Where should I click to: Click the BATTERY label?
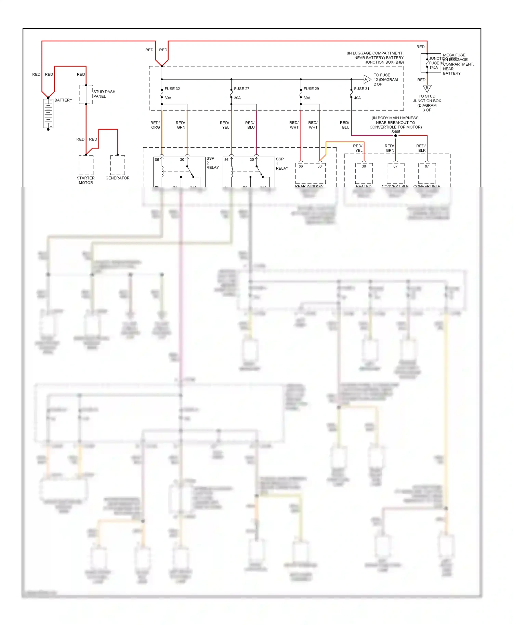[63, 100]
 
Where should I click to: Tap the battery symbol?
[48, 114]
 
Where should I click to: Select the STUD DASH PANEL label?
[104, 94]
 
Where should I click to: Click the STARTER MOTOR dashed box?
[86, 165]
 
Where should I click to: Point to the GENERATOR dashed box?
[117, 165]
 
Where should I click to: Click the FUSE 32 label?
[172, 89]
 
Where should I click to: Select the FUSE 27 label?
[241, 89]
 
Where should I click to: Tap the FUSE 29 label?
[311, 89]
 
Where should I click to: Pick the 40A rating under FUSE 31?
[357, 98]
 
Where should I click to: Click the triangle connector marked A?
[367, 79]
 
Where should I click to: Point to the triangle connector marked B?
[427, 88]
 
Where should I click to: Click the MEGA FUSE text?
[454, 55]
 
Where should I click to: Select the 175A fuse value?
[433, 68]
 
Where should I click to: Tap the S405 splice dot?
[395, 136]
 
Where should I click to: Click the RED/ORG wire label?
[155, 125]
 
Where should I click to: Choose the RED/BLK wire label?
[421, 148]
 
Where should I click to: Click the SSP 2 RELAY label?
[212, 163]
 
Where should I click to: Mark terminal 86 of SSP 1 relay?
[226, 160]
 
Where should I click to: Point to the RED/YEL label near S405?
[358, 148]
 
